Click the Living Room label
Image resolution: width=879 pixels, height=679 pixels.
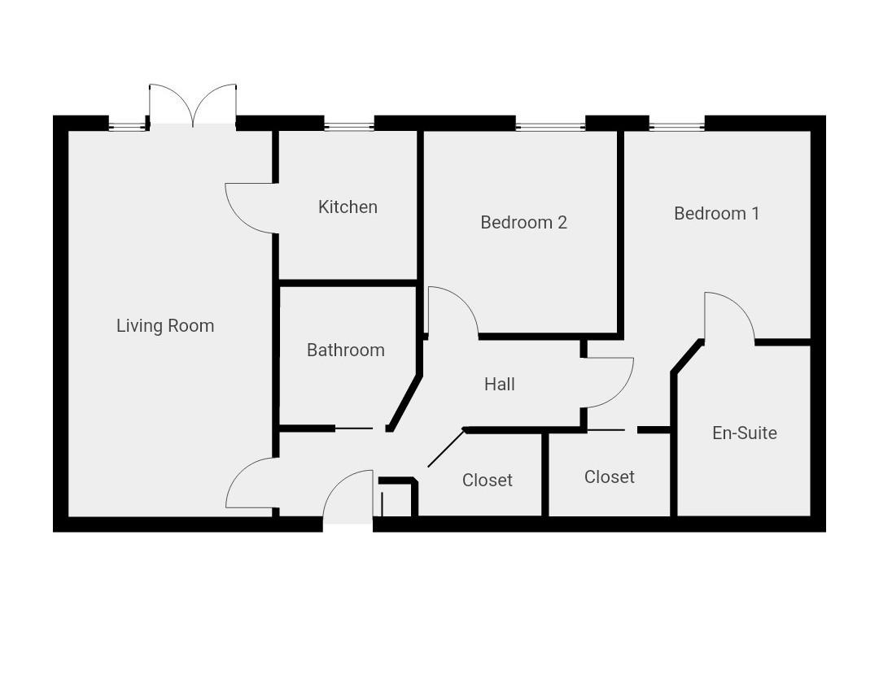165,326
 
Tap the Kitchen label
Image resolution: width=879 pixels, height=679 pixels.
348,207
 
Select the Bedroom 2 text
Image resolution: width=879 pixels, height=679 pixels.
523,222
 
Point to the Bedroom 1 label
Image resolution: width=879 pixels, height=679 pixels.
716,213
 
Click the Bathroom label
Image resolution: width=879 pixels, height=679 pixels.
345,350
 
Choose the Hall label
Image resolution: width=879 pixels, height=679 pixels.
499,384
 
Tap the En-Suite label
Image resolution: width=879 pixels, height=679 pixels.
744,433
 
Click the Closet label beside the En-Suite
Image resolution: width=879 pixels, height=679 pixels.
609,477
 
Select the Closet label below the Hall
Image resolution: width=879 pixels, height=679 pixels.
487,481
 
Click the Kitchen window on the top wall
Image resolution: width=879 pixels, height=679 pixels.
349,125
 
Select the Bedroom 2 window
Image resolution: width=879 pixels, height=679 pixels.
550,126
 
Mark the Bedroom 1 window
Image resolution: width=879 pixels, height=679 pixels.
676,126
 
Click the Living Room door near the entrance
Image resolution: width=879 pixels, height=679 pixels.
249,484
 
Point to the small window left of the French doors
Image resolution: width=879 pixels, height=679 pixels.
127,126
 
